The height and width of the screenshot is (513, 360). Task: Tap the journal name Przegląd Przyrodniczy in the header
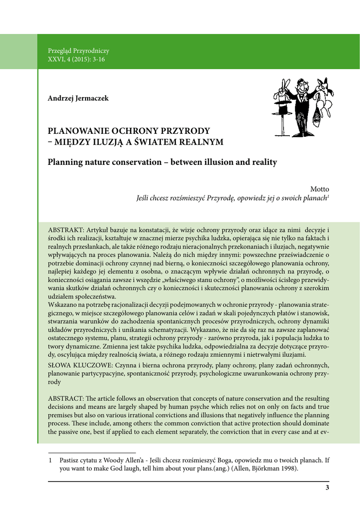[x=78, y=51]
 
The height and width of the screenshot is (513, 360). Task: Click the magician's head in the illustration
[x=302, y=86]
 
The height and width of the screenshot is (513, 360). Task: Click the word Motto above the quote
[x=319, y=189]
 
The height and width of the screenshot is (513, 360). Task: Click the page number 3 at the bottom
[x=327, y=488]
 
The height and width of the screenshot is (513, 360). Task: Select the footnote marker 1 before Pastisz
[x=50, y=460]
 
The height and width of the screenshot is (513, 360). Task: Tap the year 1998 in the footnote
[x=289, y=468]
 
